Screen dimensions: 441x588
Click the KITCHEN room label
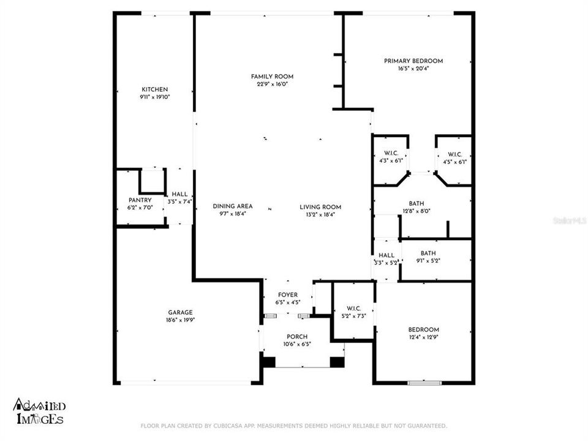154,89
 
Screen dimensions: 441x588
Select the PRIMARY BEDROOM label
413,61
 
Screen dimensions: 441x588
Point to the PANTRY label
140,200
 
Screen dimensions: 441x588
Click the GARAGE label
181,312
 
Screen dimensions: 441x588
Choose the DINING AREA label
233,206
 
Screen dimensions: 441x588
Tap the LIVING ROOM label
320,206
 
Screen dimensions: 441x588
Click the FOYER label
288,295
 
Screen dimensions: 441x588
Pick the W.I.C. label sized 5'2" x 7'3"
353,308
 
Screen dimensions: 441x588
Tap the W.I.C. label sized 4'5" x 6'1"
454,154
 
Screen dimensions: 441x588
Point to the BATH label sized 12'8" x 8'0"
417,203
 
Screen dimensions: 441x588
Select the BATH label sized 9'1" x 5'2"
428,253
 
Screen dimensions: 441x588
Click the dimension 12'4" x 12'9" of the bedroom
425,337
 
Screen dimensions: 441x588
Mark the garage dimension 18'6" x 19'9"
181,319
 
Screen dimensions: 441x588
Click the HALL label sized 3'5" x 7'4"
179,194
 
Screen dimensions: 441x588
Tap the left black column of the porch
268,361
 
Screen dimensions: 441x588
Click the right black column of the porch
337,361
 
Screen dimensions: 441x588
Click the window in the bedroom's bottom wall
424,383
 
